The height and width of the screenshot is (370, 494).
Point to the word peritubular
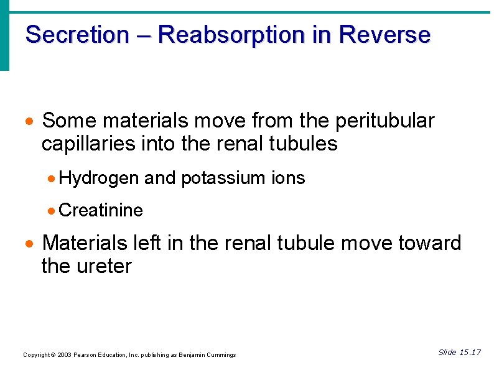point(382,120)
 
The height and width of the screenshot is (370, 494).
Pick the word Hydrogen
point(99,178)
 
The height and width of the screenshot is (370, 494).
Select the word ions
point(288,178)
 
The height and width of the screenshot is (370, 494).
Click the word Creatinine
point(101,211)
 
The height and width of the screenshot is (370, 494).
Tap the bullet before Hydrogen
point(52,179)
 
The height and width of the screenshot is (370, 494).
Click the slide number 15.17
point(470,353)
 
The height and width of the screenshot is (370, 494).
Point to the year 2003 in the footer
point(63,355)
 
